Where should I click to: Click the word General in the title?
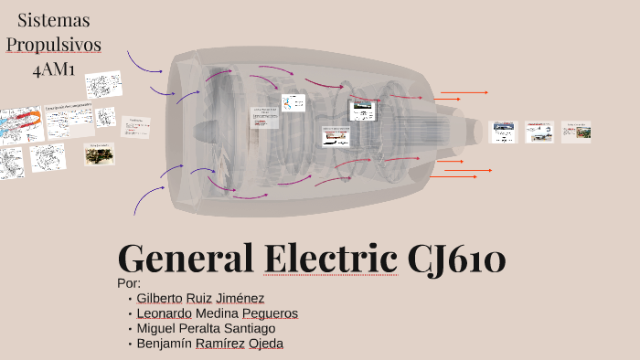(x=187, y=259)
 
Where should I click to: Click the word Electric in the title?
(x=330, y=259)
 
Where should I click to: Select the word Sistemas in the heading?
(x=54, y=19)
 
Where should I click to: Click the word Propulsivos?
(x=54, y=44)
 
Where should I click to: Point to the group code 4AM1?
(x=54, y=69)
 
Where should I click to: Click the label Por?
(x=131, y=283)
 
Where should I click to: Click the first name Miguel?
(x=155, y=328)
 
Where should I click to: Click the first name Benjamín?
(x=164, y=344)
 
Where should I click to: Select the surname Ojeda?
(x=266, y=344)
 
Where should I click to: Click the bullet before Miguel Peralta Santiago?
(x=130, y=329)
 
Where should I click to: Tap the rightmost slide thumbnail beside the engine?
(x=576, y=132)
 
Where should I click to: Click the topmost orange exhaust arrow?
(x=464, y=92)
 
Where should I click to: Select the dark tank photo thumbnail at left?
(x=99, y=154)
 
